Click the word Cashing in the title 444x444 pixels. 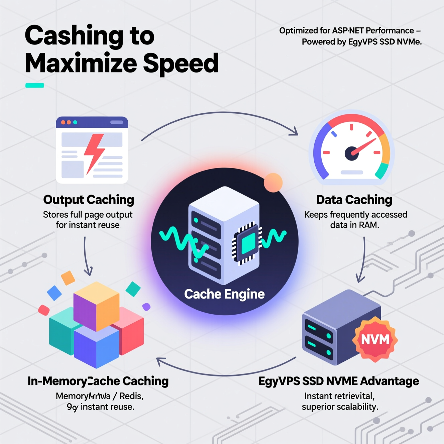(74, 36)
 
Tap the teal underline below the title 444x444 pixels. (34, 85)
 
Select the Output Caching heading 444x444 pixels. (89, 200)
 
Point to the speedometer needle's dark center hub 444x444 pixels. (351, 153)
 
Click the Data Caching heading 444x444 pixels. (354, 200)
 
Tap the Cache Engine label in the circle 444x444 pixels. (224, 294)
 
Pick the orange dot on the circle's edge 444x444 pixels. (273, 183)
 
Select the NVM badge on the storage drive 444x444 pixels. (375, 339)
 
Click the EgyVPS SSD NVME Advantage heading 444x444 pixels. (338, 381)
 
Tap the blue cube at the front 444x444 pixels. (96, 348)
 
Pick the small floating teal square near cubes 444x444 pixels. (133, 289)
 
